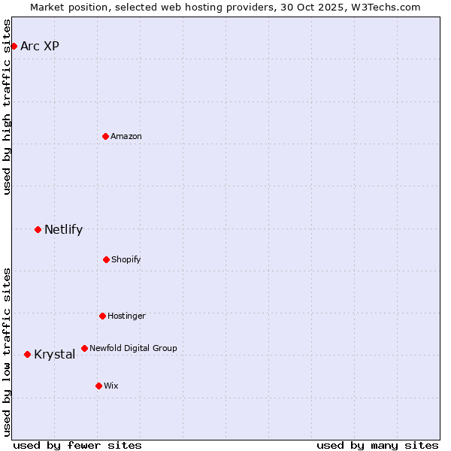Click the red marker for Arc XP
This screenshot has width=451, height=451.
point(14,46)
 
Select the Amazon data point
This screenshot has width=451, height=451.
point(105,136)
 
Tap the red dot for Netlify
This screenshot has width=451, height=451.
point(38,229)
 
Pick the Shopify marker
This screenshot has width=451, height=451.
point(106,259)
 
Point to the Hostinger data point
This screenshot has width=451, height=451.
point(102,316)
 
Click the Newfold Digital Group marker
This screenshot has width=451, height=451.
point(84,348)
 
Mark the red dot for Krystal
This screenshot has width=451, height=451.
point(27,354)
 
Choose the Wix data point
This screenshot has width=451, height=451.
point(98,386)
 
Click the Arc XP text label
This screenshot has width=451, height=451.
point(40,46)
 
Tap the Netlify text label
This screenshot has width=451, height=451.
point(63,229)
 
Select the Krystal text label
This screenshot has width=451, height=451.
point(54,354)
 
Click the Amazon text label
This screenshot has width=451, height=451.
point(126,136)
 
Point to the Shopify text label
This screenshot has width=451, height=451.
point(126,259)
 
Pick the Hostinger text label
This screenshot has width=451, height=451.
point(126,316)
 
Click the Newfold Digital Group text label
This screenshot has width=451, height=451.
point(133,348)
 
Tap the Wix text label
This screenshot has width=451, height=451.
point(111,386)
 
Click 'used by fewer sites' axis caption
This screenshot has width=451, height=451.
point(77,445)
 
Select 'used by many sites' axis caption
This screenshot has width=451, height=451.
point(377,445)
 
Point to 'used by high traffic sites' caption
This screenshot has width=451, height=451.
point(7,107)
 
